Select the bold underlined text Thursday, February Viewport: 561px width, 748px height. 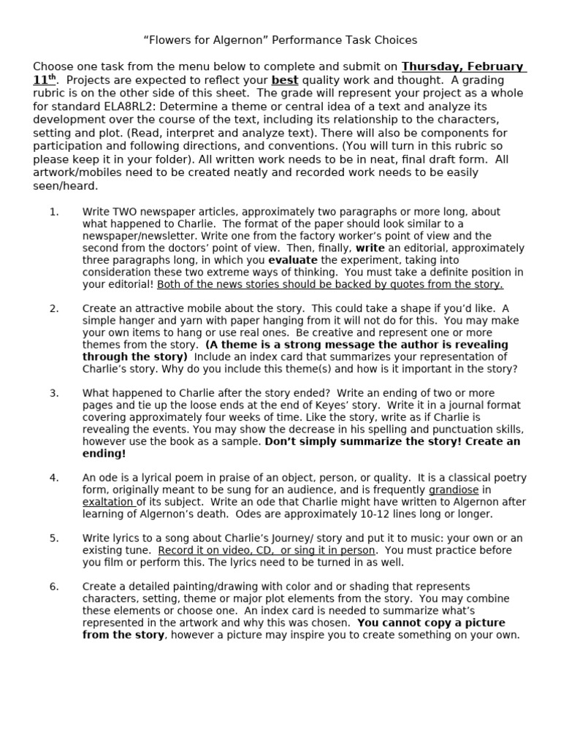(x=463, y=66)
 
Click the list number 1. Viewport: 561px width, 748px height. (x=53, y=212)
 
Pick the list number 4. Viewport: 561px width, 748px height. (x=53, y=478)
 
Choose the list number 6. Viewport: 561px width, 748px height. (x=53, y=587)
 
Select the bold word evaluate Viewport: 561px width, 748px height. (x=292, y=260)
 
